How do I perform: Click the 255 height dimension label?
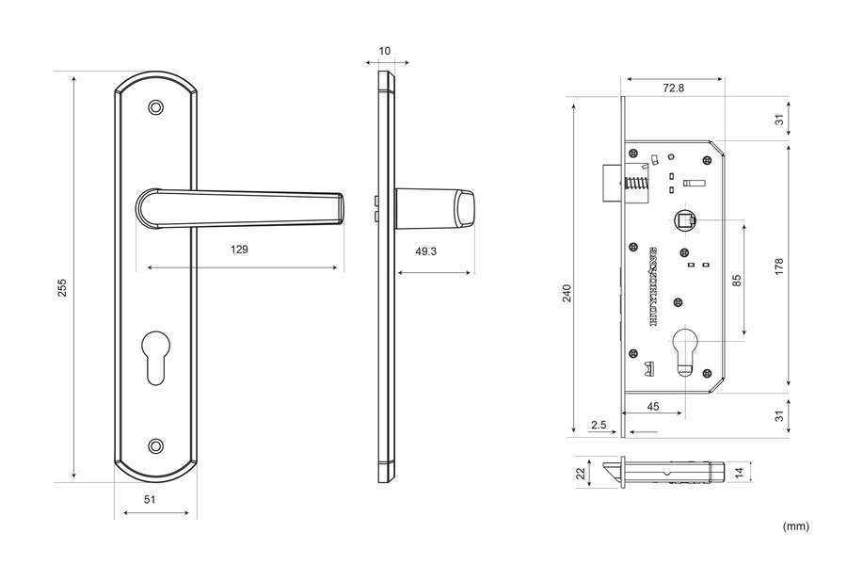[x=62, y=287]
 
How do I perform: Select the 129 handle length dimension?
[x=239, y=250]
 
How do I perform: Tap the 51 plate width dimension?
[x=149, y=500]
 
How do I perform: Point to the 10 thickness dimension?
[x=384, y=50]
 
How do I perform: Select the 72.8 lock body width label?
[x=673, y=88]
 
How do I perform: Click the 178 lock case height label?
[x=779, y=266]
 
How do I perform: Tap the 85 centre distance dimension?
[x=737, y=280]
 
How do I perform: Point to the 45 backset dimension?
[x=652, y=407]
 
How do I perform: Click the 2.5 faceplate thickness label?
[x=598, y=425]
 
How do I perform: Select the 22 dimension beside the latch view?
[x=582, y=472]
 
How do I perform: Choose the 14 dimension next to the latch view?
[x=739, y=471]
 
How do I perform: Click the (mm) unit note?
[x=795, y=526]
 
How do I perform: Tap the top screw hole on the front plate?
[x=156, y=108]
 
